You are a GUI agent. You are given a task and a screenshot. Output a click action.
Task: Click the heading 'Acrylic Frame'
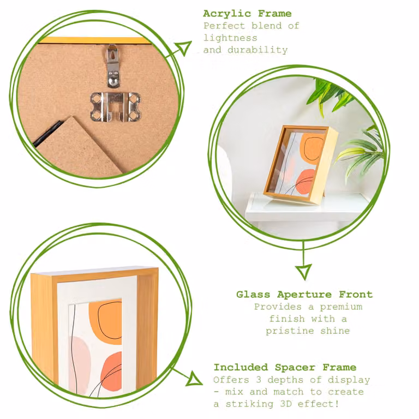click(247, 14)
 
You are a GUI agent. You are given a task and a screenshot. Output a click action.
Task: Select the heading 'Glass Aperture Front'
click(304, 295)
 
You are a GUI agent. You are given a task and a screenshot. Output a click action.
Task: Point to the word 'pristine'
click(290, 331)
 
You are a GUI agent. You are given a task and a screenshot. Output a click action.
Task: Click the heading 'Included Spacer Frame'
click(285, 367)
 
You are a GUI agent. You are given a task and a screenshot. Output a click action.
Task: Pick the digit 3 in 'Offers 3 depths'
click(259, 380)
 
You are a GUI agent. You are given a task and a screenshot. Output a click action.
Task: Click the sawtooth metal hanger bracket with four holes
click(115, 106)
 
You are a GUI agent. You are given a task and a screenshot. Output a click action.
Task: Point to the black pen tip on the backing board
click(47, 134)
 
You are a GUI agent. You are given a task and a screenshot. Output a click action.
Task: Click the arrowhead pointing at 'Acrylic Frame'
click(184, 47)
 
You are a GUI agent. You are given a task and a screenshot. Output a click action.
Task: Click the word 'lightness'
click(230, 38)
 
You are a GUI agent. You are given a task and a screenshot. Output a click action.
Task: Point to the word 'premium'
click(341, 307)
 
